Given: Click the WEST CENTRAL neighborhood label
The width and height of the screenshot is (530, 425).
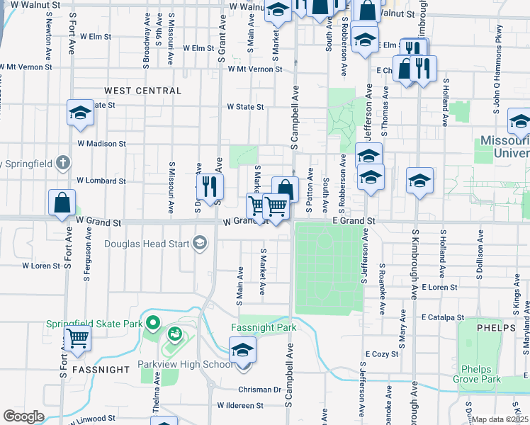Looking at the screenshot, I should click(142, 91).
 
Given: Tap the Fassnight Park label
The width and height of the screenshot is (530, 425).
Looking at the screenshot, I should click(264, 328).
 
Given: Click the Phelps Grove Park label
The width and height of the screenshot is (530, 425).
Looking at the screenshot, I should click(481, 374).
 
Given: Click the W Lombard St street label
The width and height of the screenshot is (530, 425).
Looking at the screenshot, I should click(101, 181).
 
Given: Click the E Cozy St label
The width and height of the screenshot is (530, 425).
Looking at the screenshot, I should click(383, 353).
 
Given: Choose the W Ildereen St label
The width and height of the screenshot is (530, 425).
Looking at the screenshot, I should click(239, 406).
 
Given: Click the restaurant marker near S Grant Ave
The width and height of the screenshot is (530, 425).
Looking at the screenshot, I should click(210, 187).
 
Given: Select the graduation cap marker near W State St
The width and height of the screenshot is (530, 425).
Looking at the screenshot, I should click(81, 113).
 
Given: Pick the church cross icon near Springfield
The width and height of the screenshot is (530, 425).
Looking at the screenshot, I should click(63, 162).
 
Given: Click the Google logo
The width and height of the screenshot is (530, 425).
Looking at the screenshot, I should click(24, 416).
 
